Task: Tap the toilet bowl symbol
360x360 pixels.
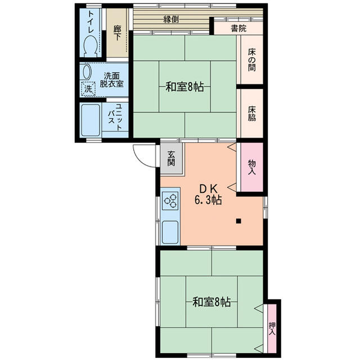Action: pyautogui.click(x=90, y=44)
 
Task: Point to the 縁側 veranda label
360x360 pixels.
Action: pyautogui.click(x=171, y=19)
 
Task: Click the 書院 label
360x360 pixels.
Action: pyautogui.click(x=238, y=28)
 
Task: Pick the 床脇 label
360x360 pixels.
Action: pyautogui.click(x=251, y=114)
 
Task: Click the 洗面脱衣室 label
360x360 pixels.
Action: pyautogui.click(x=112, y=80)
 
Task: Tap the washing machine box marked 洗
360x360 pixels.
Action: pyautogui.click(x=88, y=88)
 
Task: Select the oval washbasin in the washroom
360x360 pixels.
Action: pyautogui.click(x=86, y=72)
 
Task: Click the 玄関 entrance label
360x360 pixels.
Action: pyautogui.click(x=171, y=158)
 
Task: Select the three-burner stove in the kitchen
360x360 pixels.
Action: pyautogui.click(x=170, y=200)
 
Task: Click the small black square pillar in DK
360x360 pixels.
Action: pyautogui.click(x=238, y=220)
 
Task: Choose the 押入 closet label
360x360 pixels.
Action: pyautogui.click(x=272, y=327)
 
